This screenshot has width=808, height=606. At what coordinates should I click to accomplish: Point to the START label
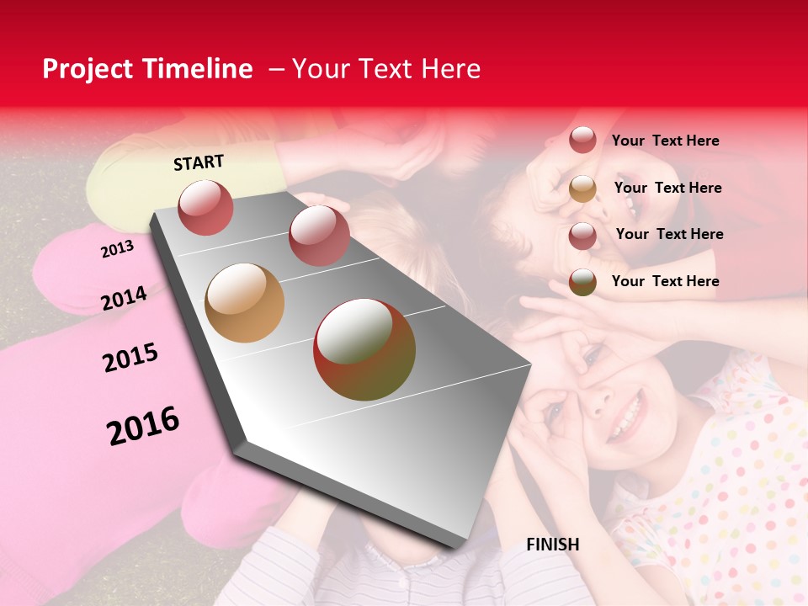(x=199, y=162)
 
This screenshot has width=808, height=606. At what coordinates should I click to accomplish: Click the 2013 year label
(x=117, y=249)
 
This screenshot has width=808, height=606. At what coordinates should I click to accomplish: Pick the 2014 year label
(x=124, y=298)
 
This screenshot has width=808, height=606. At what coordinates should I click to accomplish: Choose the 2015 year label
(x=130, y=358)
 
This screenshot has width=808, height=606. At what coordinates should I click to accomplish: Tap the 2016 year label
(x=143, y=425)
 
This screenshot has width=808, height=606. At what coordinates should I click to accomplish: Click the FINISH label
(x=552, y=545)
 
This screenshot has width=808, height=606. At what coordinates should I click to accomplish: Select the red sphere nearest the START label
(x=205, y=207)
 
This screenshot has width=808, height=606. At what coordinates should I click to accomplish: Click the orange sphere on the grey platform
(x=244, y=303)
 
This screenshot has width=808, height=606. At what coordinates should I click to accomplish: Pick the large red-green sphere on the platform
(x=364, y=349)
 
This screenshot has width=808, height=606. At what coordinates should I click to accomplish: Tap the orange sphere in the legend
(x=582, y=189)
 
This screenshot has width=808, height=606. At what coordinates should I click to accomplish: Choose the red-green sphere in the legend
(x=582, y=282)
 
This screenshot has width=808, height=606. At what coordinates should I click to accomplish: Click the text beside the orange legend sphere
(x=667, y=188)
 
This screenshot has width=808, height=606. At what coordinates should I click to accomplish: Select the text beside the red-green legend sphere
(x=665, y=281)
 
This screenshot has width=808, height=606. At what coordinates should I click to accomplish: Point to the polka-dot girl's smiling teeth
(x=625, y=417)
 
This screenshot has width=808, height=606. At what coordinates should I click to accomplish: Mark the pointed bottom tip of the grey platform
(x=459, y=545)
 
